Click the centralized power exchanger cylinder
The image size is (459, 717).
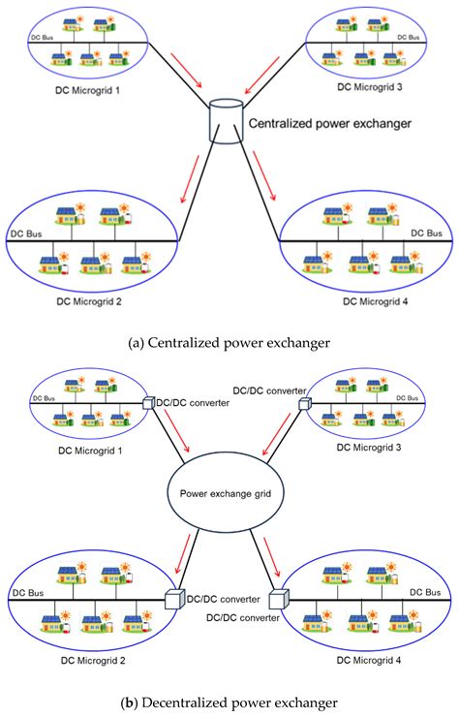226,122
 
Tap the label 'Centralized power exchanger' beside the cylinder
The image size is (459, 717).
329,123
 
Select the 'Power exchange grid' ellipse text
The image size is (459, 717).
226,494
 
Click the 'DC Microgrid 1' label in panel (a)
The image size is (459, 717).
87,90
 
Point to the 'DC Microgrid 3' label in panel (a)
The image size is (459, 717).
369,87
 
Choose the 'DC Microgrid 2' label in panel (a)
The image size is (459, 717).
89,301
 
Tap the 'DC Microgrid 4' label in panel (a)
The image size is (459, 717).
376,301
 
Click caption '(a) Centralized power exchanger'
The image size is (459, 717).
229,342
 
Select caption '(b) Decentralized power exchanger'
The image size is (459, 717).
229,702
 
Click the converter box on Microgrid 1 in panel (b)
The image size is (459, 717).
148,403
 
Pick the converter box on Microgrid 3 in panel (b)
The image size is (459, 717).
304,404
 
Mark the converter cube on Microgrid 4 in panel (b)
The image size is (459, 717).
279,599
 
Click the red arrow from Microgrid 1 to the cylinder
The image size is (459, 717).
186,70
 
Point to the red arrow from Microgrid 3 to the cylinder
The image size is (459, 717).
262,76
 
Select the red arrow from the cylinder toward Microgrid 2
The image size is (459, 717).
190,179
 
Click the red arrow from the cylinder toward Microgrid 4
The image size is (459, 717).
264,176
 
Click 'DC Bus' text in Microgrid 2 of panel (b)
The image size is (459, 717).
28,593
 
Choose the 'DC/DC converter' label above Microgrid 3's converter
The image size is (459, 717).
270,391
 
